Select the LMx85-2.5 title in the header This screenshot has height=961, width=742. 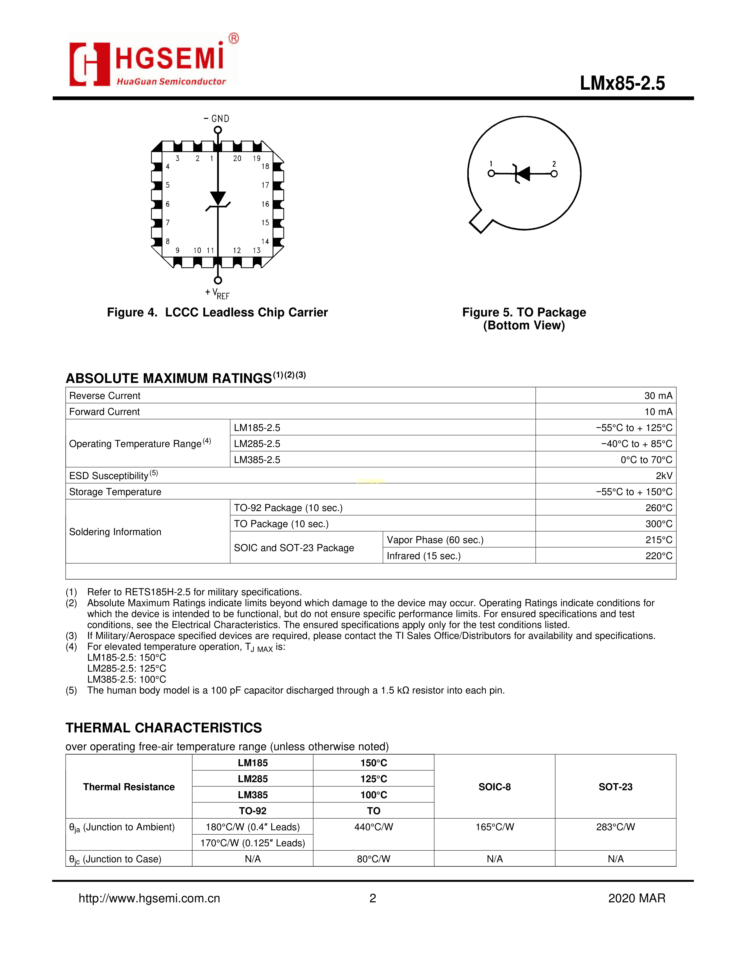[x=622, y=84]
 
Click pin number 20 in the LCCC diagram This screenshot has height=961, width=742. [x=237, y=158]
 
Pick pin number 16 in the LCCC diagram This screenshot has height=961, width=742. [x=265, y=204]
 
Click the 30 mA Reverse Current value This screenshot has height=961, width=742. [x=658, y=395]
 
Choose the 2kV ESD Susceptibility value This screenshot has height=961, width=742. [x=664, y=476]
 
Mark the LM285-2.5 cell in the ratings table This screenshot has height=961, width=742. [x=257, y=444]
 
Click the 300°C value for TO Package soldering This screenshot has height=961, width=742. [x=658, y=524]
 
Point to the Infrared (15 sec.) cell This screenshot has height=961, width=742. [x=424, y=556]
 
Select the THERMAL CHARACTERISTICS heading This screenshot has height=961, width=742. [x=164, y=728]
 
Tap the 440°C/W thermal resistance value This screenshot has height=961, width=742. [x=374, y=827]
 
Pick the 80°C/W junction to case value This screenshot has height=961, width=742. [x=374, y=859]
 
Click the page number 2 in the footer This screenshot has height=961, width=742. [x=373, y=898]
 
